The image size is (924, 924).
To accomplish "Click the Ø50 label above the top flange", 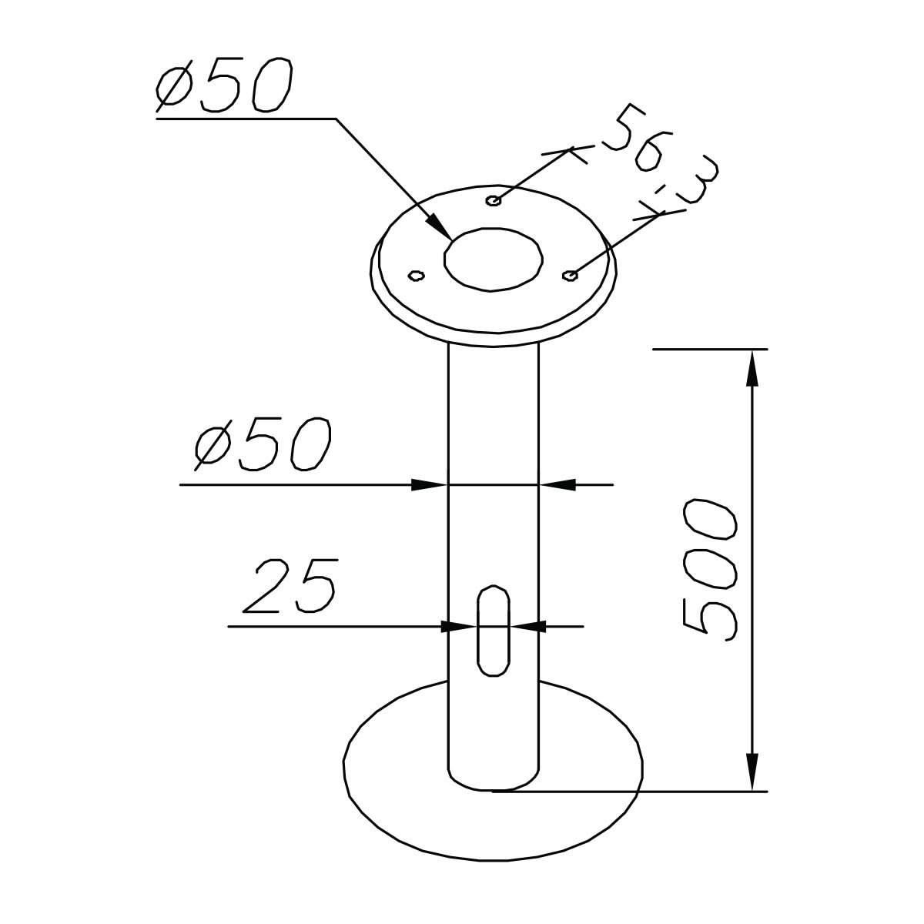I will [223, 86].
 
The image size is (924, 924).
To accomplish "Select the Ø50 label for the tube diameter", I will [262, 444].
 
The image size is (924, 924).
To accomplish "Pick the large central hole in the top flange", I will [493, 258].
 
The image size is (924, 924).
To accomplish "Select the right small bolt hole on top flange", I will [571, 275].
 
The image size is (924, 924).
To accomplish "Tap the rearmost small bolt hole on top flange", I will [494, 201].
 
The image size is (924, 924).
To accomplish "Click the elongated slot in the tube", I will [493, 631].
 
